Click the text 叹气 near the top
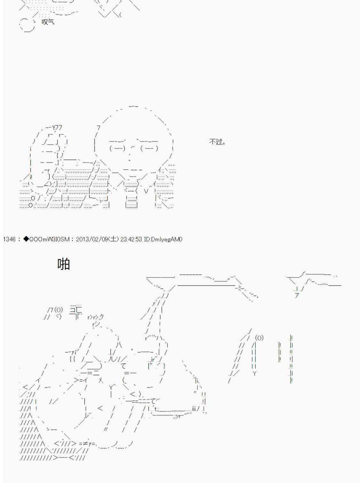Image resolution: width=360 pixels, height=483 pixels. click(x=48, y=22)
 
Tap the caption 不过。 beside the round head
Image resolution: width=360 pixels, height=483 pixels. click(x=217, y=141)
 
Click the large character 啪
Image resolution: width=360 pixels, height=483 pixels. click(x=63, y=264)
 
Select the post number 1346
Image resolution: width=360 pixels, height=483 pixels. click(x=9, y=239)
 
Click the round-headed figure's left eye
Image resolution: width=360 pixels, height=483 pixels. click(x=117, y=148)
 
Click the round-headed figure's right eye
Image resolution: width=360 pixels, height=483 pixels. click(x=149, y=148)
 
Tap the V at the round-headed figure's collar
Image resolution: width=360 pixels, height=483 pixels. click(x=146, y=191)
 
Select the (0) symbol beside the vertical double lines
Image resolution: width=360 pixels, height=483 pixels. click(x=259, y=337)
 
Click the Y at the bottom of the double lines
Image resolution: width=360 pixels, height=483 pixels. click(x=254, y=373)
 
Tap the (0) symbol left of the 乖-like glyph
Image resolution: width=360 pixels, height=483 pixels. click(x=59, y=310)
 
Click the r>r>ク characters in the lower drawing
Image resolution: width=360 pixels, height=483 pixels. click(x=95, y=317)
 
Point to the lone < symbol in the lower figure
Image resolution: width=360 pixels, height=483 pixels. click(x=100, y=408)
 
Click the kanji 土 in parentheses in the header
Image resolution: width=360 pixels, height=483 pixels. click(x=114, y=239)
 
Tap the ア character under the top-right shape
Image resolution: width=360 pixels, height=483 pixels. click(x=297, y=295)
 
